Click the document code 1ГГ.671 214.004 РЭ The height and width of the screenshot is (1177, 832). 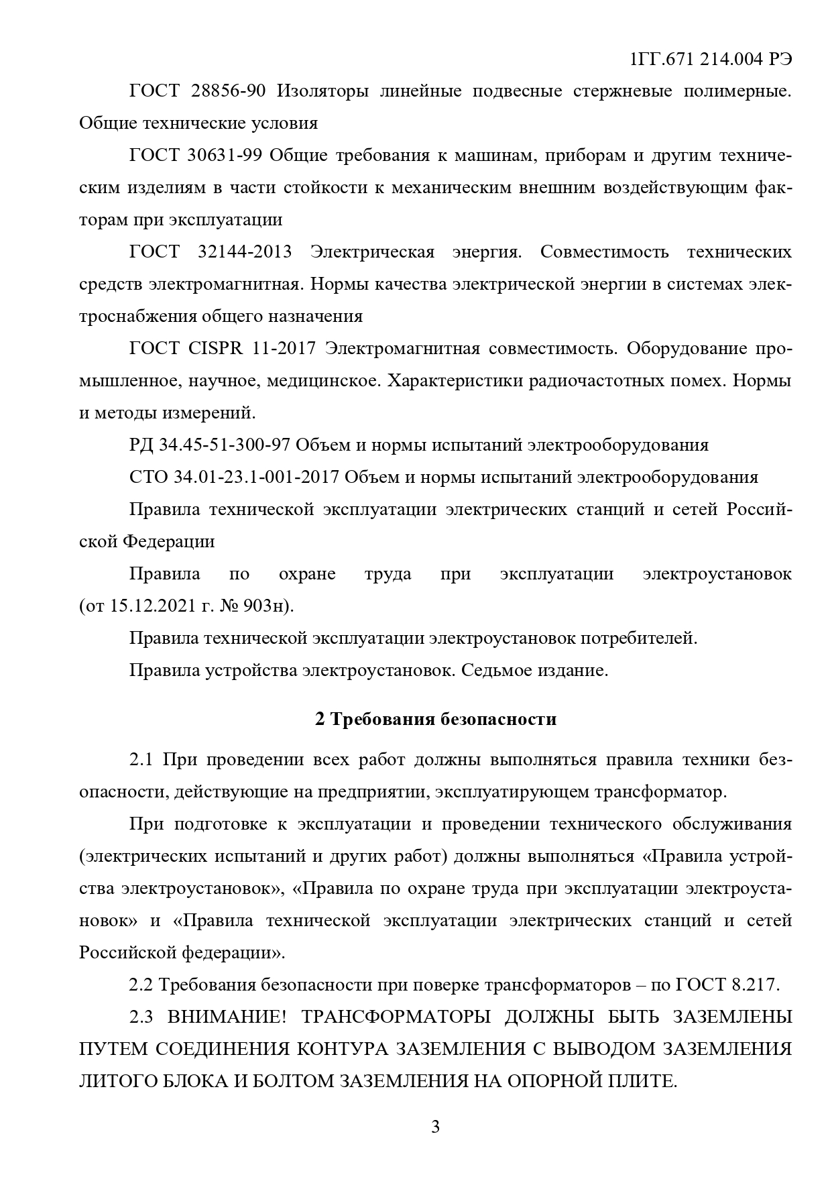coord(711,59)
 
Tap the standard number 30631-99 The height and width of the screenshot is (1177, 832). coord(229,156)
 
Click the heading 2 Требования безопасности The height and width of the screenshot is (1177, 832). coord(436,720)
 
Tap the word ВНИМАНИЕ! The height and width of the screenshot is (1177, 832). coord(227,1017)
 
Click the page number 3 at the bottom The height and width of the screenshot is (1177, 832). coord(435,1127)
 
